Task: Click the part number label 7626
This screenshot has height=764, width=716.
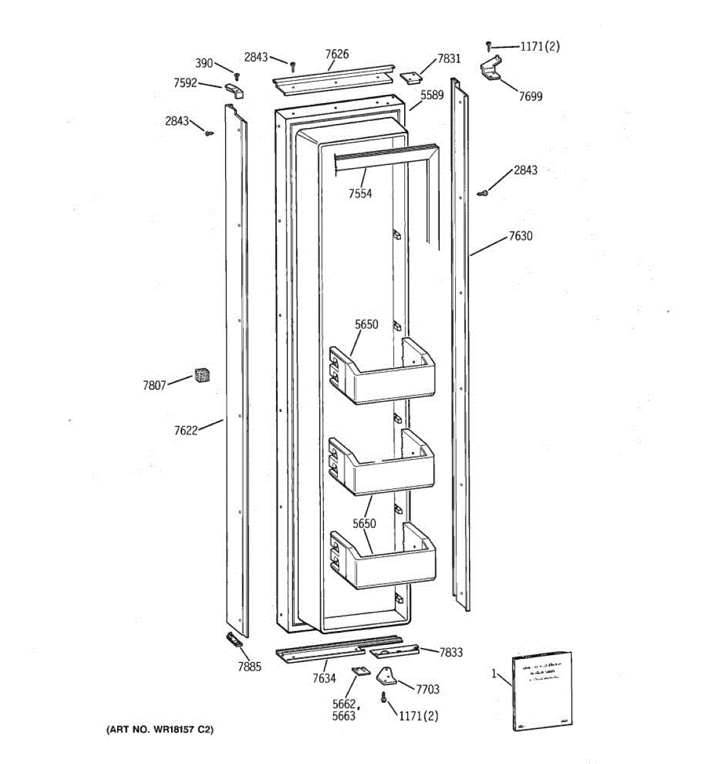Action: click(x=337, y=54)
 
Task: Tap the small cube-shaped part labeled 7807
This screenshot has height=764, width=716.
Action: click(x=202, y=375)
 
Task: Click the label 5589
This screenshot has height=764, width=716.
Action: click(x=432, y=95)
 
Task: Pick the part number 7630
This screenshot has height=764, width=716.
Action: click(x=520, y=236)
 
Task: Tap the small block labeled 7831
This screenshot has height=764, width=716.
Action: click(x=411, y=77)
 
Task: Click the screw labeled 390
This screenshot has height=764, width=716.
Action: click(x=237, y=76)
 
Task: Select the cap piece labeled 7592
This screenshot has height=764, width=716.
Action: click(x=234, y=90)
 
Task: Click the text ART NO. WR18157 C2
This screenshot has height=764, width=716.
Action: click(x=160, y=730)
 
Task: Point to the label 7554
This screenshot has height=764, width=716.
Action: click(x=360, y=194)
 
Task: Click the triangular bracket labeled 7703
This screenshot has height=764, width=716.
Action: click(x=386, y=677)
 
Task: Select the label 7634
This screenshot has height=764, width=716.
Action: click(x=323, y=678)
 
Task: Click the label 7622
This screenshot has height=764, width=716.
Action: click(x=186, y=430)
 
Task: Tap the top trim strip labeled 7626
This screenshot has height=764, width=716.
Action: click(x=334, y=75)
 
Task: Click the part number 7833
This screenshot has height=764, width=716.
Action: click(x=451, y=653)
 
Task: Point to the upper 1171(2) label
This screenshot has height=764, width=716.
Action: click(x=540, y=46)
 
